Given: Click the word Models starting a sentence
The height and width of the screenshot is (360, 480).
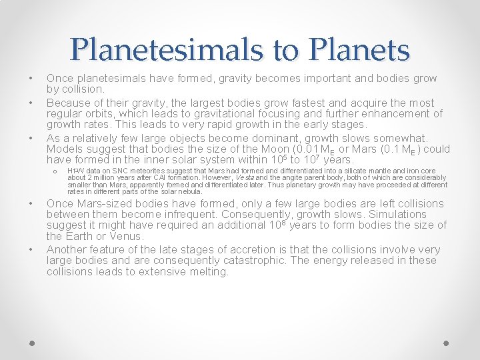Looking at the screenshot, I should tap(65, 149).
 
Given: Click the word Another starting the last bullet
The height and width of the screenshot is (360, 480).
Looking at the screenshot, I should tap(67, 249).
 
